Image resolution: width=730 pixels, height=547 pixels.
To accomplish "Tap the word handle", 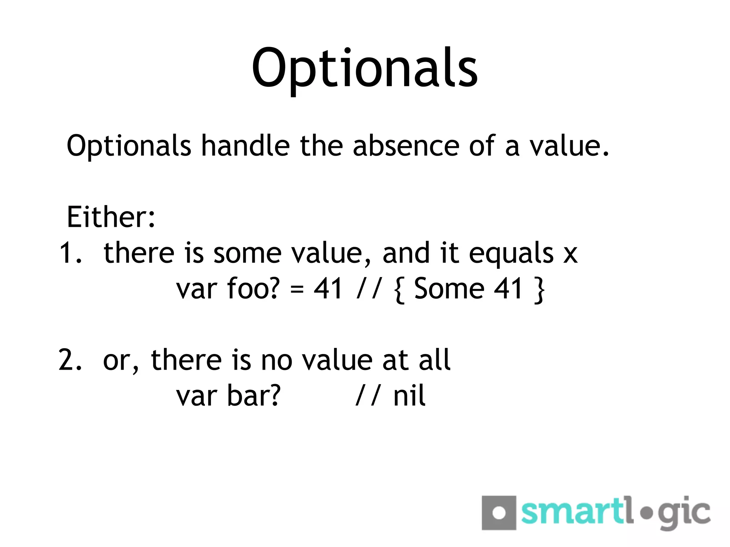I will pyautogui.click(x=245, y=146).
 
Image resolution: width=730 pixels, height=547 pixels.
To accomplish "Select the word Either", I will pyautogui.click(x=110, y=217).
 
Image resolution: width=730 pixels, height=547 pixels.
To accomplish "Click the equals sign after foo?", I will pyautogui.click(x=297, y=289).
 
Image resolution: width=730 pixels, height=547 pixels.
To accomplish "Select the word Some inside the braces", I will pyautogui.click(x=449, y=288).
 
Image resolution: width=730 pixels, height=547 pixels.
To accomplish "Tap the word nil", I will pyautogui.click(x=409, y=396).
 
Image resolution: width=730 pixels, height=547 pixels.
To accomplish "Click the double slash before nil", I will pyautogui.click(x=368, y=396).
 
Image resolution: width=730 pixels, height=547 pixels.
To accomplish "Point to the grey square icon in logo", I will pyautogui.click(x=499, y=513).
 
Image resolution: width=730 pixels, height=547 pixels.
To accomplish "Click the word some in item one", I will pyautogui.click(x=247, y=254).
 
